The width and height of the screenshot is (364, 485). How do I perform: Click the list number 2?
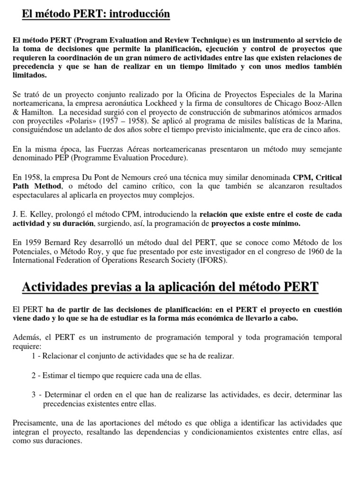click(x=34, y=376)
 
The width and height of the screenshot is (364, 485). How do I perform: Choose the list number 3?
click(x=34, y=395)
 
